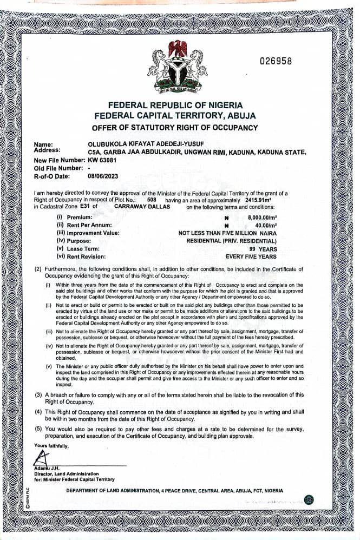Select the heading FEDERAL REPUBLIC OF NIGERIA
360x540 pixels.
tap(175, 105)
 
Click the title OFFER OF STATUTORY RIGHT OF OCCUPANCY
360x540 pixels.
tap(175, 128)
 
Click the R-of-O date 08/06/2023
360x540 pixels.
tap(102, 176)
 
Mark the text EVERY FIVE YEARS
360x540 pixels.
tap(251, 256)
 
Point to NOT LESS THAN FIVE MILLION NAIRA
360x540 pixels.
tap(228, 233)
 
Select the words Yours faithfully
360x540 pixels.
tap(51, 446)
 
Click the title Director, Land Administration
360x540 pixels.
tap(66, 473)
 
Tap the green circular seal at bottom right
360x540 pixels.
tap(309, 499)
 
